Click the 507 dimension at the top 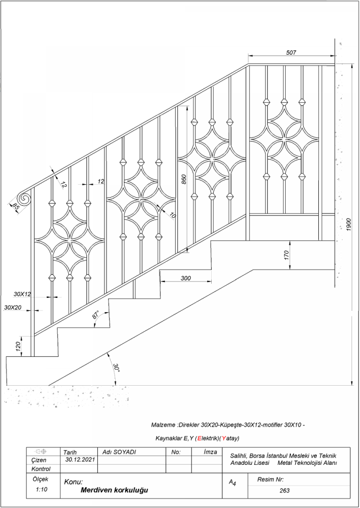point(291,52)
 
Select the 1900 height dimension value point(348,224)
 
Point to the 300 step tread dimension point(186,278)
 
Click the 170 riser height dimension point(286,255)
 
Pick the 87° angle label point(96,315)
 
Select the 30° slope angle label point(116,367)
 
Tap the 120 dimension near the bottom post point(19,346)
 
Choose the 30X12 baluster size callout point(22,294)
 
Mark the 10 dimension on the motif point(172,214)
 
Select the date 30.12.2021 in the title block point(79,460)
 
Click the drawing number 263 point(285,491)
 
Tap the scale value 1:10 point(41,490)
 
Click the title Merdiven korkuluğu point(114,490)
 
